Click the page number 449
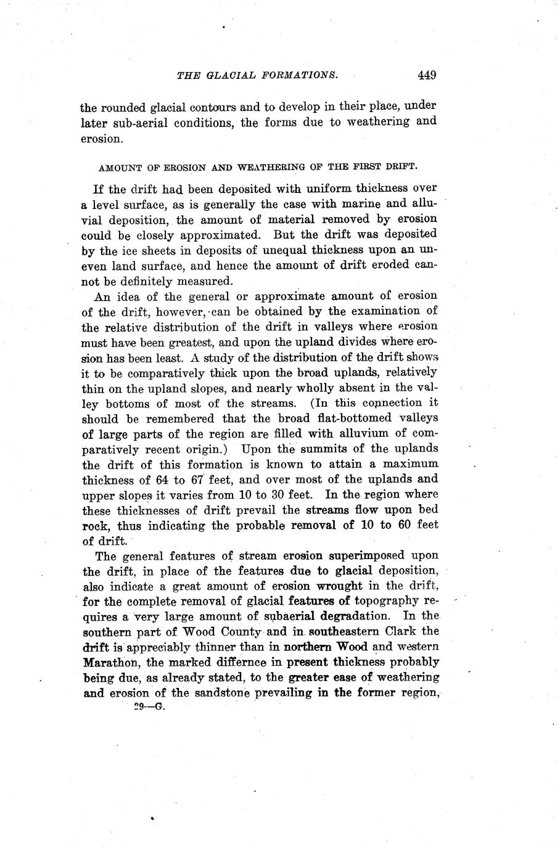click(x=426, y=75)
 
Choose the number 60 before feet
click(x=403, y=525)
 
